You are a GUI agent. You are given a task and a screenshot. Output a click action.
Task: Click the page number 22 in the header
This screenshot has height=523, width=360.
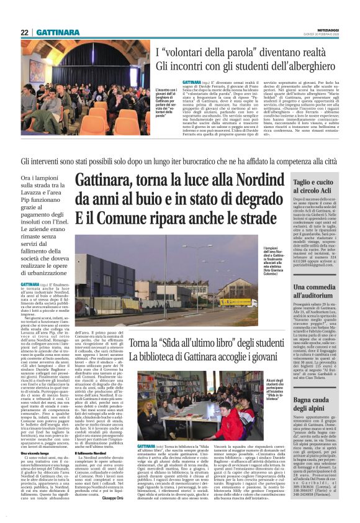25,32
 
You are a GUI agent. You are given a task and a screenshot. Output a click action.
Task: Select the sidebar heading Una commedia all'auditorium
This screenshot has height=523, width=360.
318,291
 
